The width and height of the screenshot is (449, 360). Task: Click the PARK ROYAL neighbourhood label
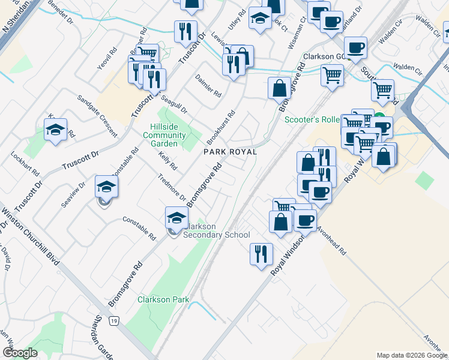pyautogui.click(x=230, y=152)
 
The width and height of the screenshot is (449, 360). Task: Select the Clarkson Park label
pyautogui.click(x=163, y=299)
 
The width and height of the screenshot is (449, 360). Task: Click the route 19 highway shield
pyautogui.click(x=113, y=322)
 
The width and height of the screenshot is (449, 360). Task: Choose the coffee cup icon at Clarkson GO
pyautogui.click(x=355, y=47)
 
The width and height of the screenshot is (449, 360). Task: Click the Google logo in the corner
pyautogui.click(x=20, y=353)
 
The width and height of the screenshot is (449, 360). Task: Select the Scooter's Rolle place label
pyautogui.click(x=312, y=119)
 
